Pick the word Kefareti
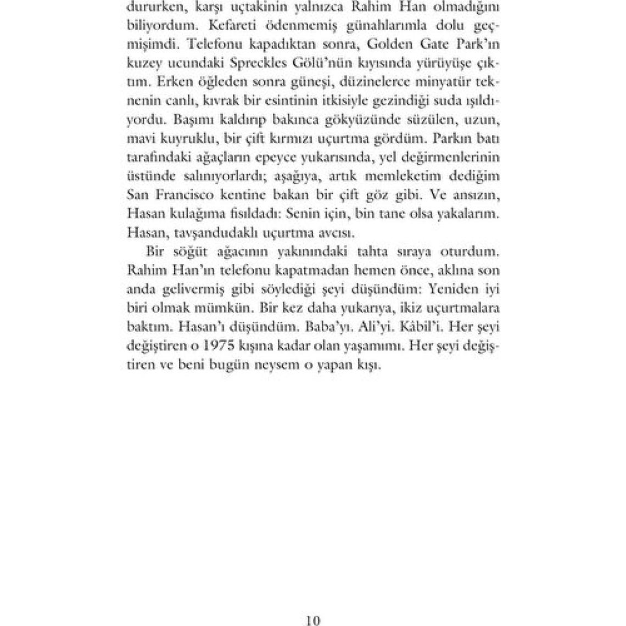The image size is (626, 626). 225,25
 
